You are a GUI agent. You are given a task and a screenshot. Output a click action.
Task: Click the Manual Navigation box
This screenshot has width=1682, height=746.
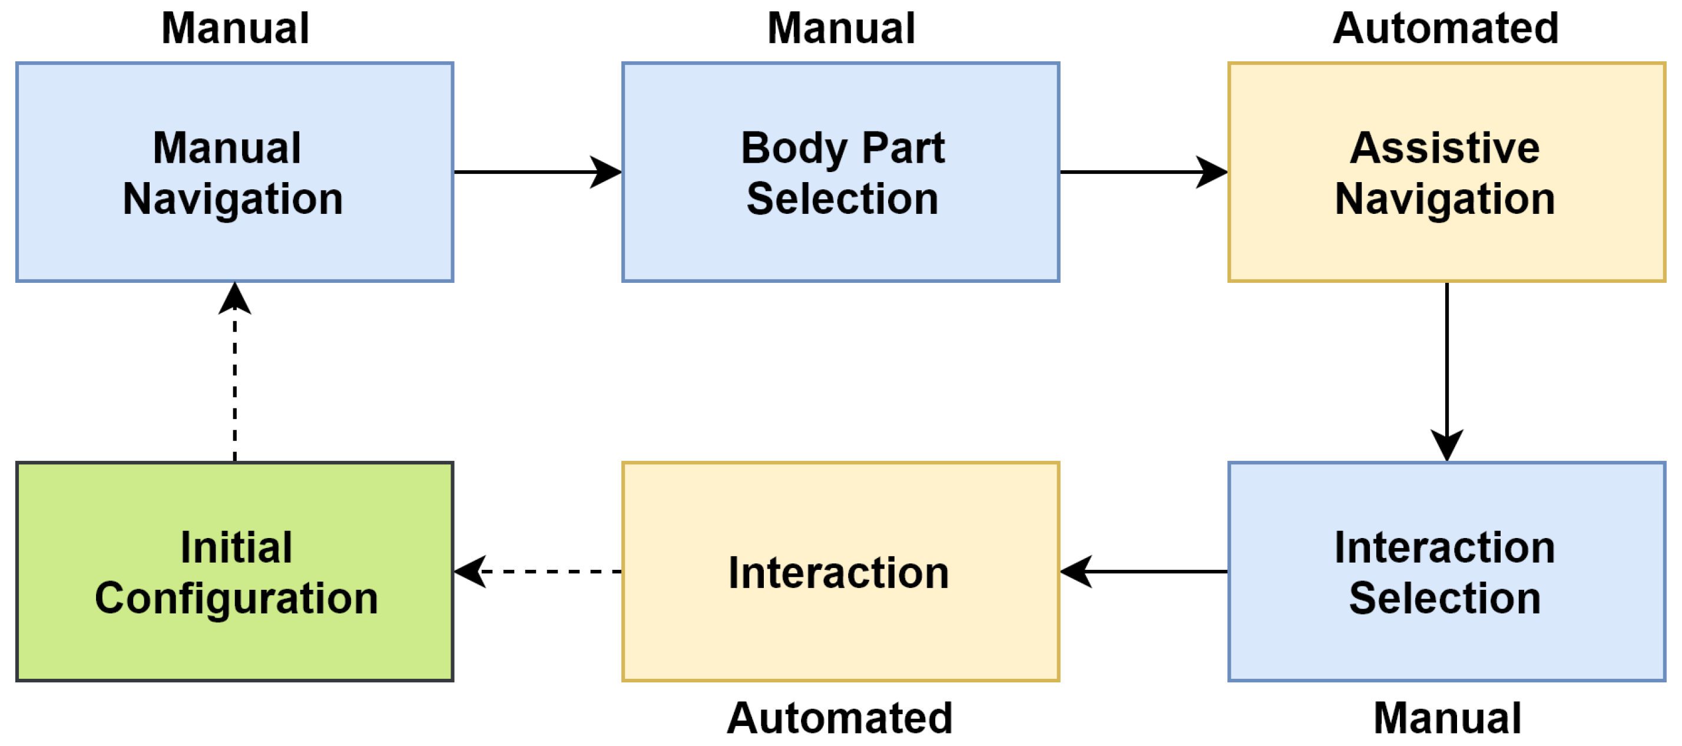pyautogui.click(x=234, y=173)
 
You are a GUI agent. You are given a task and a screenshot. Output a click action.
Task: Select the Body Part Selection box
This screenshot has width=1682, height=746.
pyautogui.click(x=840, y=173)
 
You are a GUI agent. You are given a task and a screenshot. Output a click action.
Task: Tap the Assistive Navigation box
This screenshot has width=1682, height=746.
pyautogui.click(x=1446, y=173)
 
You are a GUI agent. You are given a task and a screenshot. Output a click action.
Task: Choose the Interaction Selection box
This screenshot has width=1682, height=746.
pyautogui.click(x=1446, y=572)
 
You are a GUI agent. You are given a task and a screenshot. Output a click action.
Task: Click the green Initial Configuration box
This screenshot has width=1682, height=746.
pyautogui.click(x=234, y=572)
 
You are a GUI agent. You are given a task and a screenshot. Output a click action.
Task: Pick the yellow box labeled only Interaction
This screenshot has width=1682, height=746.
pyautogui.click(x=840, y=572)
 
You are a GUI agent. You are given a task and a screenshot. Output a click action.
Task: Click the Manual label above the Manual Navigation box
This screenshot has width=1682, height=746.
pyautogui.click(x=235, y=29)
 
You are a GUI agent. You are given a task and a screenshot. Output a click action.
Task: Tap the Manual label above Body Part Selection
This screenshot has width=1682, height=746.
pyautogui.click(x=841, y=29)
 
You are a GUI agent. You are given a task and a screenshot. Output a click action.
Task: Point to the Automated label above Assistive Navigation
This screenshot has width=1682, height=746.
pyautogui.click(x=1446, y=29)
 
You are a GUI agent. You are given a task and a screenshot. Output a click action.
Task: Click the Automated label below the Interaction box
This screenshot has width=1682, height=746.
pyautogui.click(x=840, y=718)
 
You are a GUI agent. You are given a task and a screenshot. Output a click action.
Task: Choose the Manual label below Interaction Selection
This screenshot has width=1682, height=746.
pyautogui.click(x=1447, y=718)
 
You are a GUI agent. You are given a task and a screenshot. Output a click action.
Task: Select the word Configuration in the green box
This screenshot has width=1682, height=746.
pyautogui.click(x=236, y=598)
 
